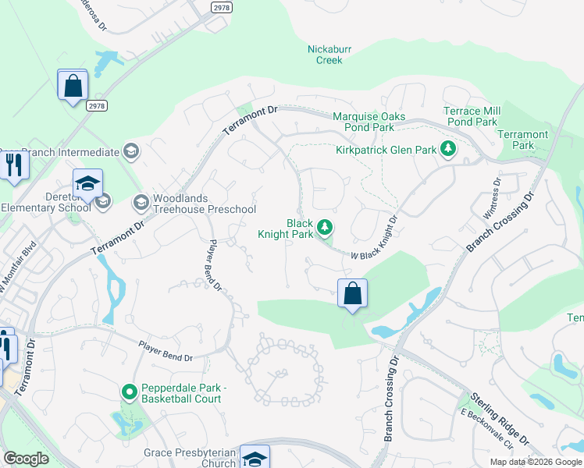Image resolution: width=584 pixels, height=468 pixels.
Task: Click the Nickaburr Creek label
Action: [x=329, y=54]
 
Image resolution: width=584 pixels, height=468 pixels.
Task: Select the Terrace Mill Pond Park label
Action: [x=470, y=116]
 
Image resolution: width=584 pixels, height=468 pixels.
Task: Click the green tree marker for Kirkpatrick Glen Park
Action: [x=447, y=148]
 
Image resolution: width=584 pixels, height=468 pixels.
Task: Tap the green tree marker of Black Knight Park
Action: [x=326, y=228]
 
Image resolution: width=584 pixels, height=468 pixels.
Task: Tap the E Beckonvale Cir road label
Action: [x=486, y=429]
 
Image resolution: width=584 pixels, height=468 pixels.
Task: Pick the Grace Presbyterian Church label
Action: [x=190, y=458]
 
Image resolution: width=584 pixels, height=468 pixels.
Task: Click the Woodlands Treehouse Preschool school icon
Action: [x=141, y=204]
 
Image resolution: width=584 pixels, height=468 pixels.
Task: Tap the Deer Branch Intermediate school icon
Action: [x=130, y=151]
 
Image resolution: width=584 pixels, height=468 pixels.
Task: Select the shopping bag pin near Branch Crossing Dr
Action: [x=353, y=294]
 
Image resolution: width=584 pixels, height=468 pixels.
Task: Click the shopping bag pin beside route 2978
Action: [x=73, y=85]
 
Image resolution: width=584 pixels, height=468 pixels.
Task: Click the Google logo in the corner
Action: [x=27, y=459]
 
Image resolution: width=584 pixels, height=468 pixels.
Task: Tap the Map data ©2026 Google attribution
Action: [x=536, y=462]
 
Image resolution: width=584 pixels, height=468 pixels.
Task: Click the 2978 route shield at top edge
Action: [x=222, y=6]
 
